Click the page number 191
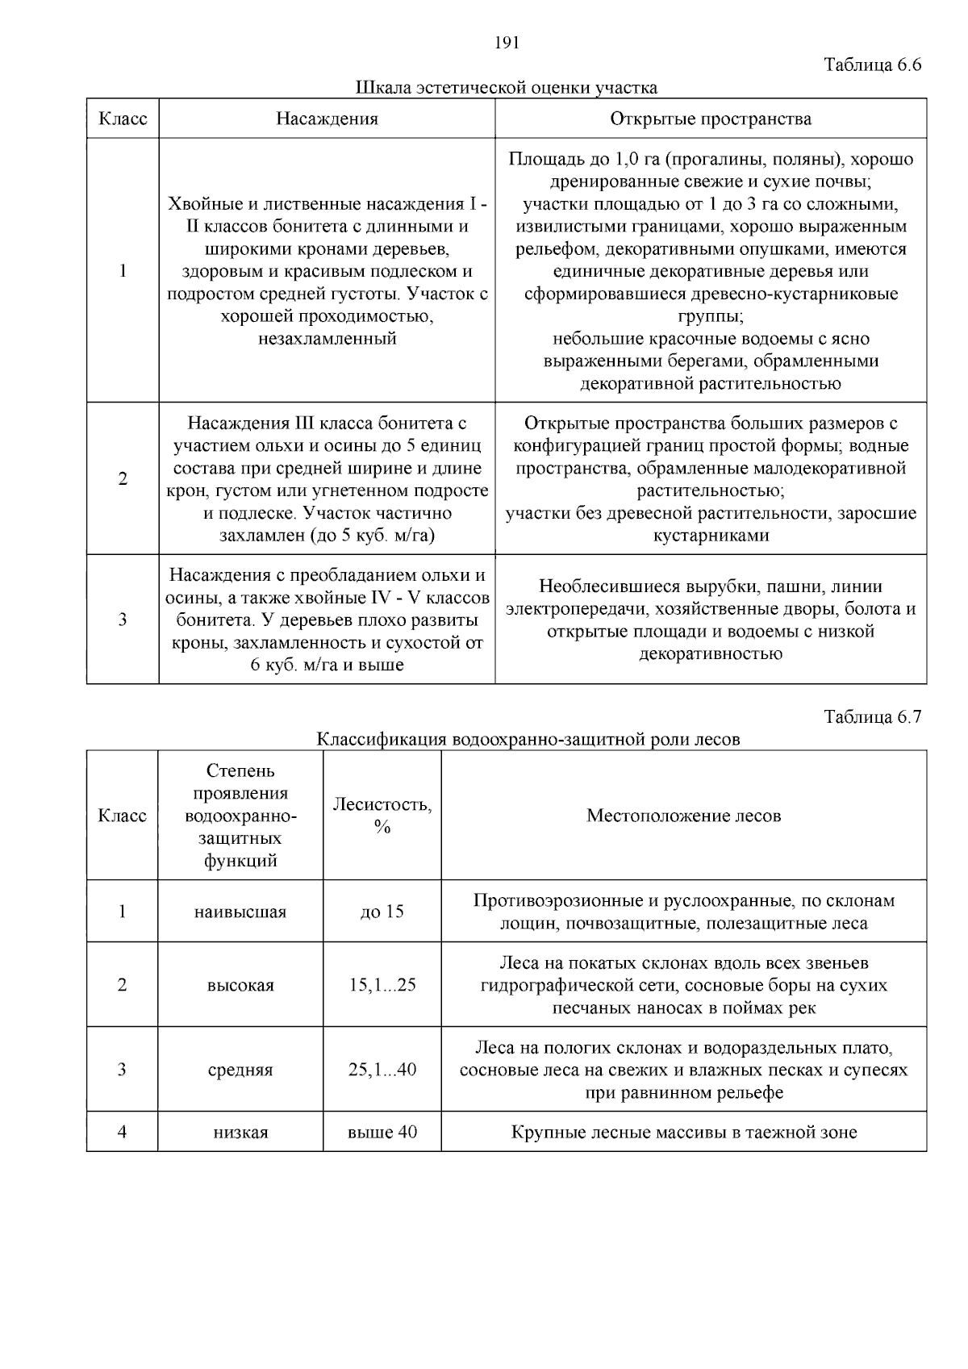506,44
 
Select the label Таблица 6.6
872,65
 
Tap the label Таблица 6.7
872,717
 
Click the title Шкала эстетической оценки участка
506,88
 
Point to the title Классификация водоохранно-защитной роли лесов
528,740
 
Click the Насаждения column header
327,119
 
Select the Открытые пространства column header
711,119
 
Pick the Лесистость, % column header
382,816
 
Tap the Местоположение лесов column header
683,816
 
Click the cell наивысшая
240,912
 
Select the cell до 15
382,912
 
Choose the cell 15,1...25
382,985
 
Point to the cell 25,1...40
382,1070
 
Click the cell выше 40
382,1133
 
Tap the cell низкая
240,1133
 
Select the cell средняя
240,1070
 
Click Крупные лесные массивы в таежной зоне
683,1133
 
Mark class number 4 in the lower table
123,1132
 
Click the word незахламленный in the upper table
327,339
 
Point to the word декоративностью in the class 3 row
711,653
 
